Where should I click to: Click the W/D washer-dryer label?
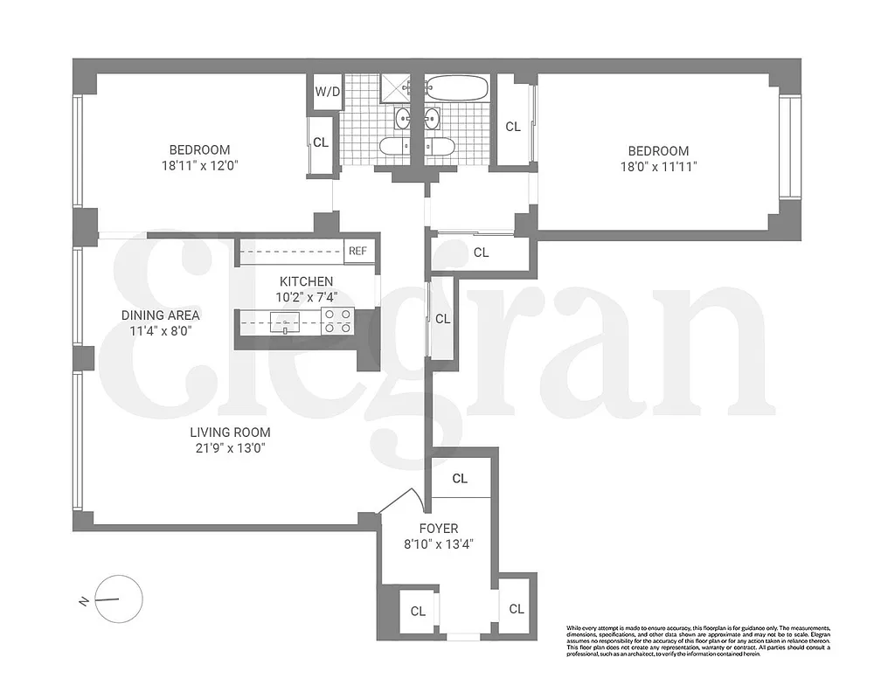pyautogui.click(x=327, y=92)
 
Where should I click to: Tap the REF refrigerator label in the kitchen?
pyautogui.click(x=357, y=251)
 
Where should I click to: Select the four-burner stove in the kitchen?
pyautogui.click(x=337, y=322)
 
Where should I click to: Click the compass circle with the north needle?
pyautogui.click(x=119, y=599)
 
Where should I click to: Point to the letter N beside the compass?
pyautogui.click(x=82, y=600)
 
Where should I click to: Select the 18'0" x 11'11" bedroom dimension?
pyautogui.click(x=649, y=166)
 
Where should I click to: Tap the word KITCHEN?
pyautogui.click(x=306, y=281)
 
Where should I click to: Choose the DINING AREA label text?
pyautogui.click(x=161, y=315)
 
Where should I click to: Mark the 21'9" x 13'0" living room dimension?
pyautogui.click(x=230, y=448)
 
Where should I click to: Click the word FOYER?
pyautogui.click(x=437, y=529)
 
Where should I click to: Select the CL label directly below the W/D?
pyautogui.click(x=321, y=142)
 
